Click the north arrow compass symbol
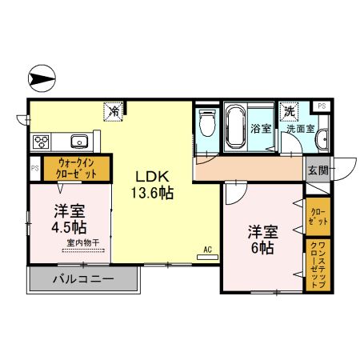pyautogui.click(x=42, y=78)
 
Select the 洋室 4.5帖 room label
pyautogui.click(x=70, y=218)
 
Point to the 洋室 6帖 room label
pyautogui.click(x=262, y=239)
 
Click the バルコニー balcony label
pyautogui.click(x=83, y=280)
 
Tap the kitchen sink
pyautogui.click(x=78, y=142)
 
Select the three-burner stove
pyautogui.click(x=42, y=142)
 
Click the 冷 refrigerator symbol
pyautogui.click(x=114, y=111)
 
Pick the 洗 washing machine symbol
pyautogui.click(x=288, y=111)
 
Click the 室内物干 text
pyautogui.click(x=82, y=242)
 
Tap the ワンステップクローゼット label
pyautogui.click(x=316, y=264)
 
